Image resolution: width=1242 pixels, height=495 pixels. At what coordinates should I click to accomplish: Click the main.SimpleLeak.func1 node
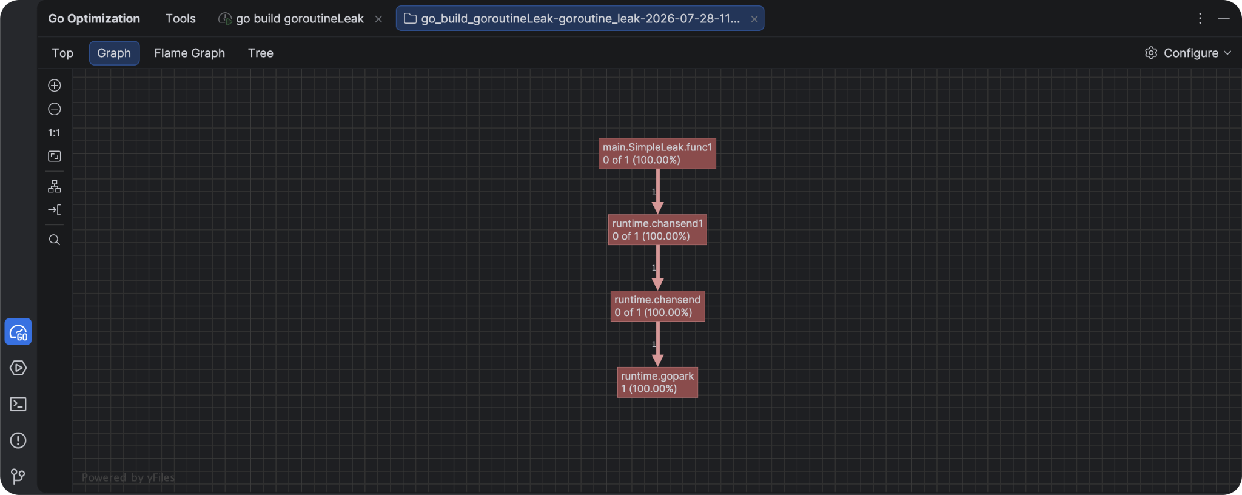[x=657, y=153]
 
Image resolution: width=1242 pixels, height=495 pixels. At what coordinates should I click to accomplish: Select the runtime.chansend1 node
[x=657, y=230]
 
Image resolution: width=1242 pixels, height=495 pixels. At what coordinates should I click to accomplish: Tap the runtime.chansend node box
[x=657, y=306]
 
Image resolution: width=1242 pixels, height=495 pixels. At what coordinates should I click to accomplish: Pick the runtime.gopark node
[x=657, y=382]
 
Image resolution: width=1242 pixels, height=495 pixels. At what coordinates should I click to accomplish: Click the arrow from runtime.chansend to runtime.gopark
[x=657, y=344]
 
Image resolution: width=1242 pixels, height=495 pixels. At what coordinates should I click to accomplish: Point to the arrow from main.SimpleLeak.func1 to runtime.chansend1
[x=657, y=192]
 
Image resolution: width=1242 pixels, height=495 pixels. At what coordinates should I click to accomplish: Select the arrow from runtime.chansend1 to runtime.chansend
[x=657, y=268]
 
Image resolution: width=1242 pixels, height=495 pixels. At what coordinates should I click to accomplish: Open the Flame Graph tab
[x=189, y=53]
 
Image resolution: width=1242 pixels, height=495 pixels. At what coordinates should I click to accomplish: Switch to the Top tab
[x=62, y=53]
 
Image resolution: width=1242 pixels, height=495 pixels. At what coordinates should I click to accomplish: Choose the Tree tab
[x=261, y=53]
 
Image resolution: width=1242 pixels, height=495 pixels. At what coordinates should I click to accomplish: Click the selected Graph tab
[x=114, y=53]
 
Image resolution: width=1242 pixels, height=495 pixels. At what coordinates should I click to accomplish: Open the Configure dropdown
[x=1187, y=53]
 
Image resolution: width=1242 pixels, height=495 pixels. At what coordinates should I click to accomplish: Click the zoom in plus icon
[x=55, y=86]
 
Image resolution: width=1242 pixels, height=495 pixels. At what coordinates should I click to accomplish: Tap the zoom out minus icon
[x=55, y=109]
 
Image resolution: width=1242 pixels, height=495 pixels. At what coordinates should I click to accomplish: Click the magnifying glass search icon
[x=55, y=240]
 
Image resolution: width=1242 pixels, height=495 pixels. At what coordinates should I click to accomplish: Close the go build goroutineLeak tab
[x=378, y=19]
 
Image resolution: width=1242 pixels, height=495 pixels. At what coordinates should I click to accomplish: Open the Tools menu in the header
[x=181, y=18]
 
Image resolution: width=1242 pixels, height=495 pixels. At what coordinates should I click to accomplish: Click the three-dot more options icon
[x=1200, y=18]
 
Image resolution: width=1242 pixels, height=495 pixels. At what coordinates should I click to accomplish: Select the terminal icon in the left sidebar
[x=18, y=404]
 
